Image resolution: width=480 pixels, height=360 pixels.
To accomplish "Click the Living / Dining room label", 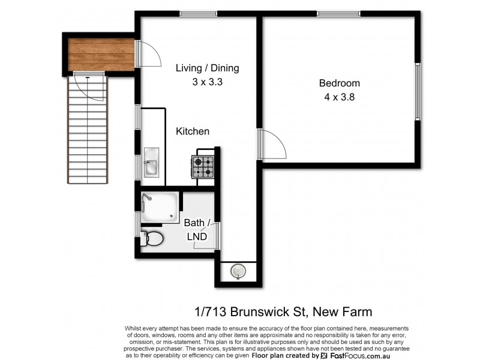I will tap(207, 68).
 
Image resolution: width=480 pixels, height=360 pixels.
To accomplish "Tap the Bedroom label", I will tap(339, 83).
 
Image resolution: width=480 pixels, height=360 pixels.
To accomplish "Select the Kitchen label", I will tap(192, 131).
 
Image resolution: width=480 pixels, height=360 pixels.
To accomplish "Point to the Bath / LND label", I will tap(196, 230).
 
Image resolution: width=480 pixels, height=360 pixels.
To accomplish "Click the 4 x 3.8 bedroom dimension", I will tap(339, 97).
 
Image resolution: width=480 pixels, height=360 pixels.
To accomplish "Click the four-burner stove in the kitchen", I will tap(203, 166).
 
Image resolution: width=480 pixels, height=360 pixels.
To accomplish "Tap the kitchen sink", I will tap(151, 163).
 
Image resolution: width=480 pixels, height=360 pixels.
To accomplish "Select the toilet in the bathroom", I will tap(152, 239).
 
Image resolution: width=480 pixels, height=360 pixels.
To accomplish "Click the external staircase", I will tap(89, 129).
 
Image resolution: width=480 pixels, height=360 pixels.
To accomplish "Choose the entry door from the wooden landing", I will tap(148, 54).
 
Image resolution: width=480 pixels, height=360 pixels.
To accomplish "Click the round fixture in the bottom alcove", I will tap(239, 272).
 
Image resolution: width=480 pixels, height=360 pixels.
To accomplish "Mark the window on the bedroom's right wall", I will tap(418, 91).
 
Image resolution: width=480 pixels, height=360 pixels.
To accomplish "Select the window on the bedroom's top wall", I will tap(338, 14).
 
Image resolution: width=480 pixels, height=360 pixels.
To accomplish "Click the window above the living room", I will tap(199, 14).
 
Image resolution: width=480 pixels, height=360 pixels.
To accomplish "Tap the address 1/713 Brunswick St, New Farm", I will tap(283, 311).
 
